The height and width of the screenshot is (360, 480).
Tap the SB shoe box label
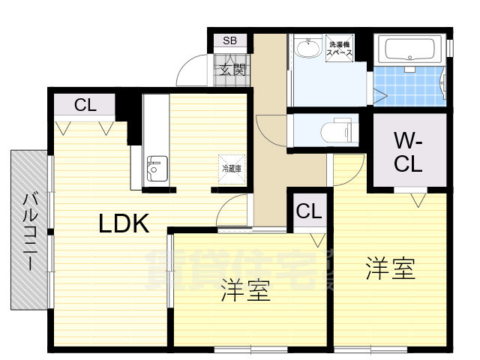coord(229,40)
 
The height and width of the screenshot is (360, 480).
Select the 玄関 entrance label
coord(232,69)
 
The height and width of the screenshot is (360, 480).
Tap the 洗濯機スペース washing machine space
coord(341,49)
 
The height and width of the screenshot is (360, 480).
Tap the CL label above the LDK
coord(85,106)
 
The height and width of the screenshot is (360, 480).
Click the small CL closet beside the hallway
coord(307,211)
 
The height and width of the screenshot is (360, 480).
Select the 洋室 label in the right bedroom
coord(390,268)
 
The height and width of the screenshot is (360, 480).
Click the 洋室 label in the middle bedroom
coord(245,291)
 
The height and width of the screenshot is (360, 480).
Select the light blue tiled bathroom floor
coord(409,86)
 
